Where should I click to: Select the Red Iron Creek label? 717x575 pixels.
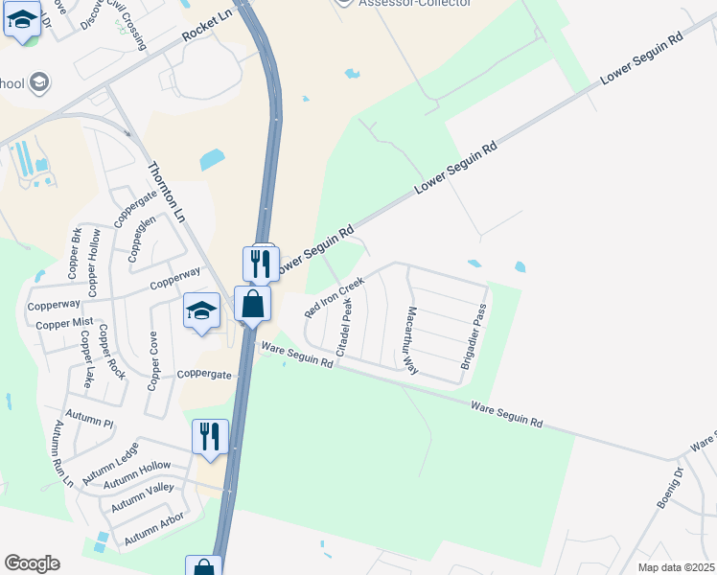point(335,298)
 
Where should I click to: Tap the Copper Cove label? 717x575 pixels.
point(152,361)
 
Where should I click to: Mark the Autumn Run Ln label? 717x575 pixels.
point(63,453)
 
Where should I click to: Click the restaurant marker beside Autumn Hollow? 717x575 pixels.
point(210,436)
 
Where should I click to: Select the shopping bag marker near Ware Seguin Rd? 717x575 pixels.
point(252,305)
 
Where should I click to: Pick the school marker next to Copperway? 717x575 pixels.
point(202,310)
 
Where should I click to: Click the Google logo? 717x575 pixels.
point(32,563)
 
